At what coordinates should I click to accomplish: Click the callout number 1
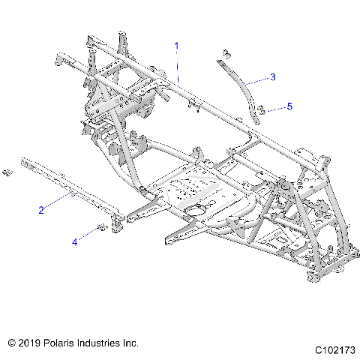(177, 46)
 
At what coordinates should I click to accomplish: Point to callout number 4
(74, 241)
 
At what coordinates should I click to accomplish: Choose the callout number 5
(289, 106)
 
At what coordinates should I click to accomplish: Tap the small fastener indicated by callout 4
(100, 226)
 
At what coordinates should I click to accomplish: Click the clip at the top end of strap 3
(225, 54)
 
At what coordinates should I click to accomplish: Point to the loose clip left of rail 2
(7, 173)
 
